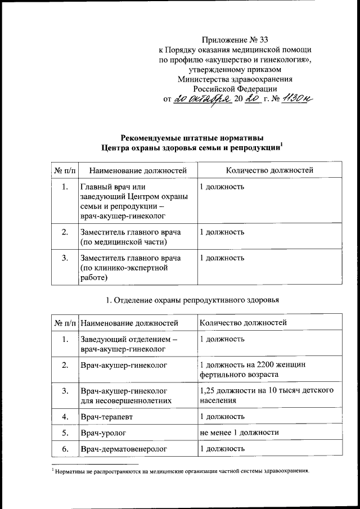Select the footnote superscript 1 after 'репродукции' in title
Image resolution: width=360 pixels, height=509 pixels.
click(x=281, y=145)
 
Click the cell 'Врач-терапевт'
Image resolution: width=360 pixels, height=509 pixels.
click(x=106, y=417)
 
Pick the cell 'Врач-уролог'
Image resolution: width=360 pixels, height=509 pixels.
click(x=102, y=433)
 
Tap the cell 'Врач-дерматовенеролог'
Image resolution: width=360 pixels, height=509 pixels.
click(x=121, y=448)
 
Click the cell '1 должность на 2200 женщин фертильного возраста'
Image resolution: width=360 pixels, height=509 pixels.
click(x=253, y=369)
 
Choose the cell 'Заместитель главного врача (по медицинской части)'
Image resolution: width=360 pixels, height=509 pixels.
click(x=130, y=237)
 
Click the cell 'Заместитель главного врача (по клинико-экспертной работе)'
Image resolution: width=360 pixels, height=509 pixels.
click(x=130, y=267)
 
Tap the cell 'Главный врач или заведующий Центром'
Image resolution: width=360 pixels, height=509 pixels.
click(x=133, y=200)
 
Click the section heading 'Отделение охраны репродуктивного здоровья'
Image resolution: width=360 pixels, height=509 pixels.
click(x=192, y=300)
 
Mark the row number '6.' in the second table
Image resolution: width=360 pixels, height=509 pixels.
click(x=65, y=448)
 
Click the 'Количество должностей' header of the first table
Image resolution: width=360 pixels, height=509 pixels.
click(x=269, y=169)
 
